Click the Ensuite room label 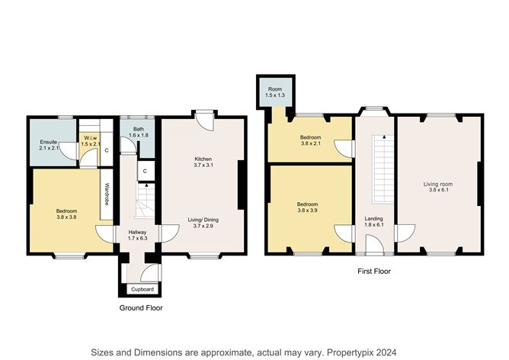pos(49,145)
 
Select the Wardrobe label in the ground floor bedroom pos(106,194)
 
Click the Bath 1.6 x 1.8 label pos(139,132)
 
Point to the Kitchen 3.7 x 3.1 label pos(203,162)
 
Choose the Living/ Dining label pos(203,223)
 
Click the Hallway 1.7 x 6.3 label pos(138,235)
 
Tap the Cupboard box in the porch pos(142,289)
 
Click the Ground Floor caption pos(141,307)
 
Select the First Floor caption pos(374,271)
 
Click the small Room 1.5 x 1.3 pos(275,92)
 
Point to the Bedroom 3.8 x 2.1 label pos(310,140)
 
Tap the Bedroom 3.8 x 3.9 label pos(307,207)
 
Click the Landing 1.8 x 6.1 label pos(374,222)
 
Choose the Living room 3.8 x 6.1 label pos(438,187)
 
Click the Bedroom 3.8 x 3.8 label pos(66,214)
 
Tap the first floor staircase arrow pos(384,137)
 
